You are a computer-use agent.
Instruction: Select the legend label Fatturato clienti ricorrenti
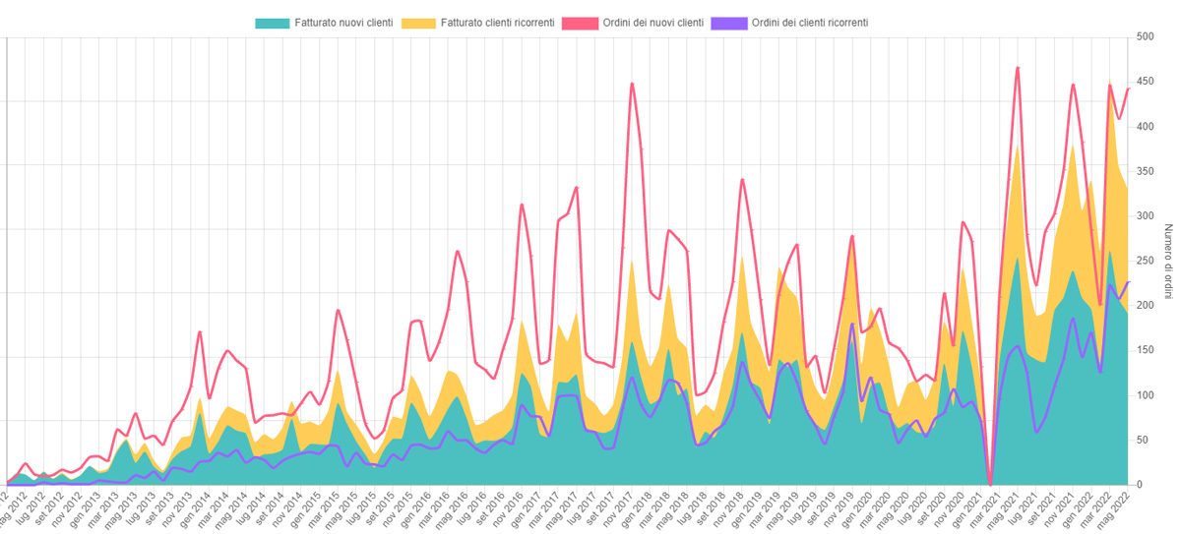pos(497,22)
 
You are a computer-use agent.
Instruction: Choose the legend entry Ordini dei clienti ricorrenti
pos(809,22)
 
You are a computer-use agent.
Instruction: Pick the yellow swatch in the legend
pos(420,22)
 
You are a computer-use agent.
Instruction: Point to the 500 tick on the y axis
pos(1145,37)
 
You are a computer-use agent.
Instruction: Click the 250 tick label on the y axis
pos(1145,261)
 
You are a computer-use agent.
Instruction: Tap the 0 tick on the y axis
pos(1139,485)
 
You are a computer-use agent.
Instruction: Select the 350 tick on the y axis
pos(1145,171)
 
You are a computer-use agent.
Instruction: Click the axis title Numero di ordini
pos(1168,262)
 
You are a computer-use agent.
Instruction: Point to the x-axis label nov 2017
pos(618,509)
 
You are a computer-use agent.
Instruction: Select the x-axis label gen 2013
pos(82,509)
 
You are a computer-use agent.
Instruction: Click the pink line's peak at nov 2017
pos(632,84)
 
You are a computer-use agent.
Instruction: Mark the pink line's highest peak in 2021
pos(1018,67)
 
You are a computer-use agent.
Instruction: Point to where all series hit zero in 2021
pos(989,484)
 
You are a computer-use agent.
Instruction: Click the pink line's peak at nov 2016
pos(522,205)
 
